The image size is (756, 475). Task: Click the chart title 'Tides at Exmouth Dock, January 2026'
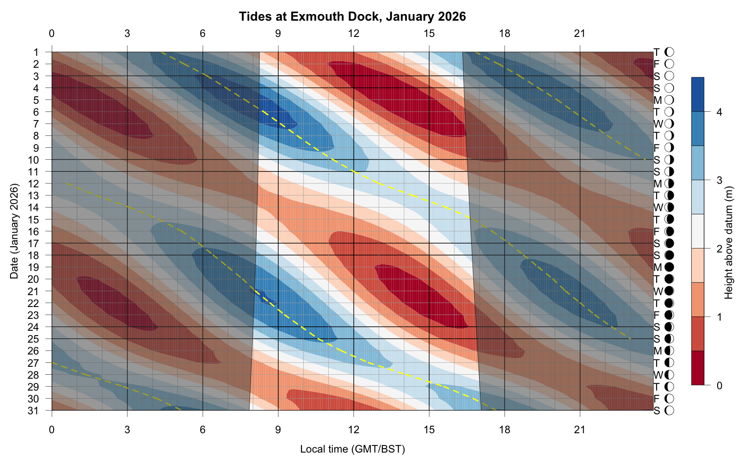click(352, 17)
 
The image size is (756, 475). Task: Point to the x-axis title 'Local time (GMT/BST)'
click(352, 449)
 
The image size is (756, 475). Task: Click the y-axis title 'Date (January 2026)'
click(15, 231)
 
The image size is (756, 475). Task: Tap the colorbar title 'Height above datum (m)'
click(729, 243)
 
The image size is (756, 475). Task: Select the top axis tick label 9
click(278, 33)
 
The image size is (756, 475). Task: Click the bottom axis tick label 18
click(505, 430)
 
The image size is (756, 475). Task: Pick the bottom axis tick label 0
click(52, 430)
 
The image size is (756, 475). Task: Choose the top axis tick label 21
click(580, 33)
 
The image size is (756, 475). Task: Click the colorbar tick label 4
click(719, 112)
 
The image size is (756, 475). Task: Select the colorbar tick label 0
click(719, 386)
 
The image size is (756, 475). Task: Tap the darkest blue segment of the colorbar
click(698, 95)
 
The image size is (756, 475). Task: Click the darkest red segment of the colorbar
click(698, 368)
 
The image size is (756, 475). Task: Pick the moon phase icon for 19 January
click(669, 267)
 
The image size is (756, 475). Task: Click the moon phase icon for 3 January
click(669, 76)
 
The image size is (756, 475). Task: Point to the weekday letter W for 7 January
click(658, 124)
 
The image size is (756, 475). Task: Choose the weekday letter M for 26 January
click(658, 351)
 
